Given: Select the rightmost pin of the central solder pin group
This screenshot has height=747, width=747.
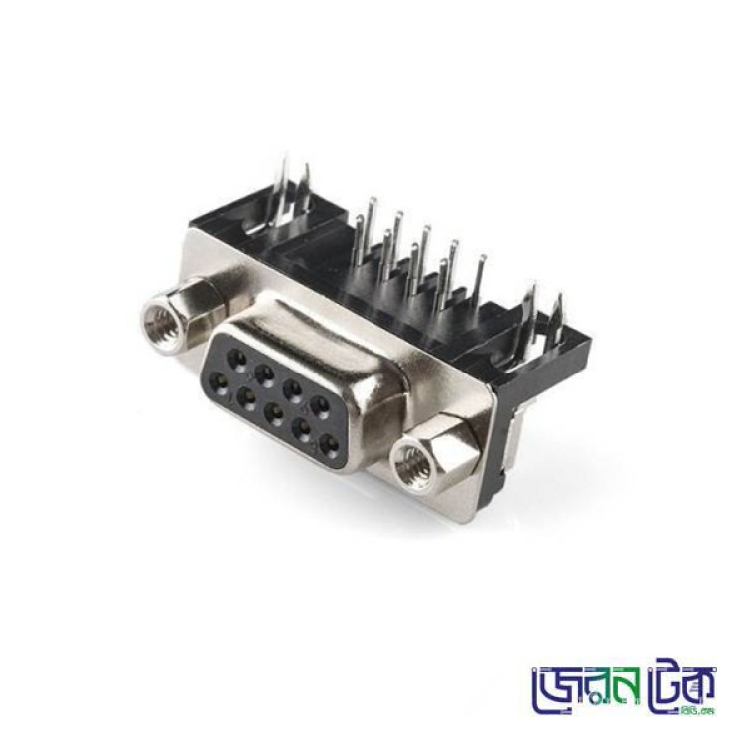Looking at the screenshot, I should point(481,269).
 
